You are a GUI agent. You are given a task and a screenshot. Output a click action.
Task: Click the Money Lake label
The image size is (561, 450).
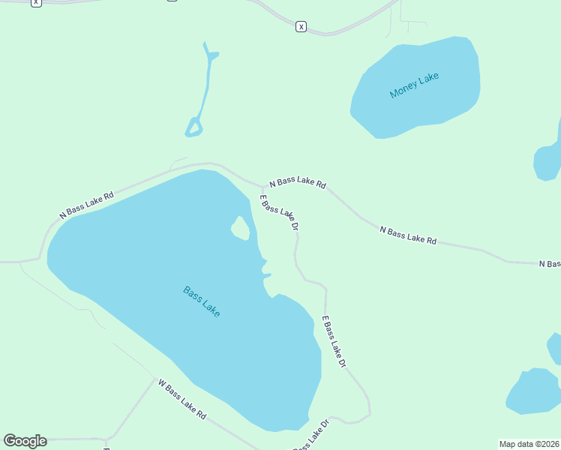(414, 85)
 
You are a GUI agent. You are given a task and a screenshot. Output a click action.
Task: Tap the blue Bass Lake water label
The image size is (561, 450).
(202, 301)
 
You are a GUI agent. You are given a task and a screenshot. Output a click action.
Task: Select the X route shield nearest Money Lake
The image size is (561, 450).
(301, 26)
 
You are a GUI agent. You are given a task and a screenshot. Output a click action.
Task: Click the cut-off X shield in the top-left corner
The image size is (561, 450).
(36, 2)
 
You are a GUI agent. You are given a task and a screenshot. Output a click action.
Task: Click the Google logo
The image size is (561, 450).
(25, 441)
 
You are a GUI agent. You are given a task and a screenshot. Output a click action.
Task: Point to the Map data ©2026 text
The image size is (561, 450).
(529, 443)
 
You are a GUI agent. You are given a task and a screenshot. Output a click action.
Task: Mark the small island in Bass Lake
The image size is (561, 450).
(240, 227)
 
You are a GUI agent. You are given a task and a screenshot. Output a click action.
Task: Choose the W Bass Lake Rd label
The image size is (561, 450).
(181, 398)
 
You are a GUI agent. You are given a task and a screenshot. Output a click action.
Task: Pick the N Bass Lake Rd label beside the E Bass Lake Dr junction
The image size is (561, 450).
(298, 182)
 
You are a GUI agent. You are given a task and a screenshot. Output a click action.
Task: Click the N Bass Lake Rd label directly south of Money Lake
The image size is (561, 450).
(408, 235)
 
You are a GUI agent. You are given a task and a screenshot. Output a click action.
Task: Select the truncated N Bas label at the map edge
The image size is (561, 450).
(550, 263)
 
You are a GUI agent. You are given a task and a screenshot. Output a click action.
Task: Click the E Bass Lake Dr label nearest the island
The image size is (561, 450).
(280, 212)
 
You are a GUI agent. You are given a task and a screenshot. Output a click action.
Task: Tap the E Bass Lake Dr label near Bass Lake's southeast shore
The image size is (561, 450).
(334, 341)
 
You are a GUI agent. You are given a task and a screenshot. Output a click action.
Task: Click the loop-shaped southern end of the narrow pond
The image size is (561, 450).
(194, 127)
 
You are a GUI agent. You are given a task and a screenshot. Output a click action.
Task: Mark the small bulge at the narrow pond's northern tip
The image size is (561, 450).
(213, 55)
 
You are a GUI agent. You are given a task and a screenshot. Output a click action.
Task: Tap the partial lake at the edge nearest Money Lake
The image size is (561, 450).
(547, 160)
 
